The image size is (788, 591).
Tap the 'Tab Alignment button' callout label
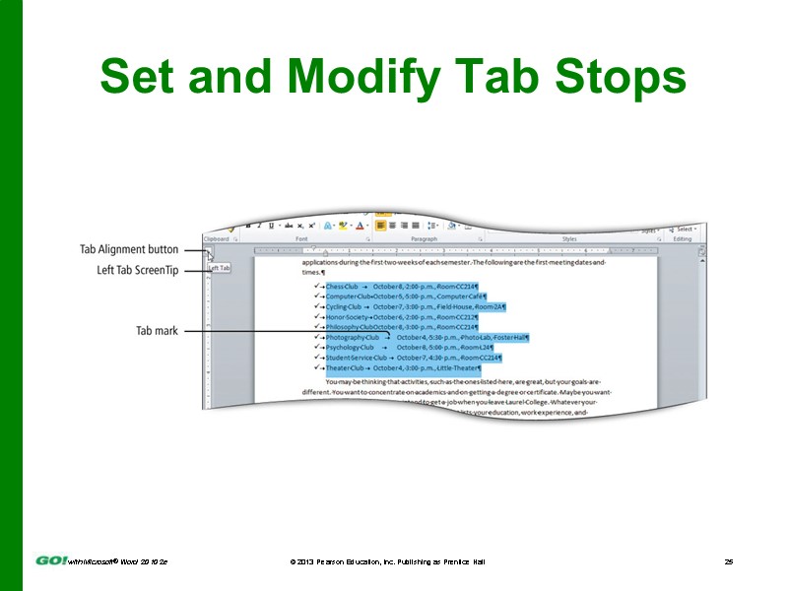[x=129, y=250]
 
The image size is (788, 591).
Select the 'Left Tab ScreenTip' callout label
[x=137, y=270]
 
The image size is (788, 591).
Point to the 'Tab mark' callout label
[x=157, y=331]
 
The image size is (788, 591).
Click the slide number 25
[x=729, y=560]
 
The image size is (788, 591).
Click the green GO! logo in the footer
[x=50, y=560]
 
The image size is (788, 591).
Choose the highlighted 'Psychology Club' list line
[x=409, y=348]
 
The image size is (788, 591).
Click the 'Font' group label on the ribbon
[x=301, y=239]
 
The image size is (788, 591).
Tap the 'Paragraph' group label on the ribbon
[x=424, y=239]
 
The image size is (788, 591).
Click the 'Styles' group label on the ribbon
[x=569, y=239]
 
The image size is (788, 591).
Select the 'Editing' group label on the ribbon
[x=682, y=239]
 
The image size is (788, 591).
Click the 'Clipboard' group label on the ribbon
[x=216, y=239]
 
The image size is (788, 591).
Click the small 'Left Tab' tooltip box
[x=220, y=268]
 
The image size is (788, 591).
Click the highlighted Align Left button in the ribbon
[x=380, y=226]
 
